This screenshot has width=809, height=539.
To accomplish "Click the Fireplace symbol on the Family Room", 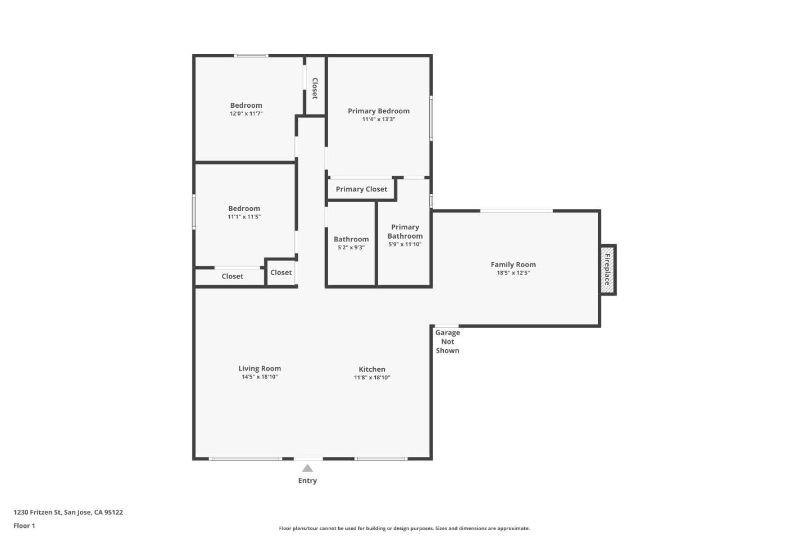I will [607, 269].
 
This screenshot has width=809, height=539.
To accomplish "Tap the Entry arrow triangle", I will [307, 468].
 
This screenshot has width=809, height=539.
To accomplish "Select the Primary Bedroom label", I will [379, 111].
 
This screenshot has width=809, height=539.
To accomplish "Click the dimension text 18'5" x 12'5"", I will [513, 273].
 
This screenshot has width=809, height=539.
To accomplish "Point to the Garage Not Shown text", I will [447, 341].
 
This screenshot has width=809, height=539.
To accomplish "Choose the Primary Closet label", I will [361, 189].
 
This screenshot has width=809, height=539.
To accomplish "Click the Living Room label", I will [260, 369].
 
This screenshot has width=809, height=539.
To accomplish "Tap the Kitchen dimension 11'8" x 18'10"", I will [372, 378].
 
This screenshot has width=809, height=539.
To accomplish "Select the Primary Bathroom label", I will [405, 231].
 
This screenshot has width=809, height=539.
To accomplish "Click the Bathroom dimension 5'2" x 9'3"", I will [351, 248].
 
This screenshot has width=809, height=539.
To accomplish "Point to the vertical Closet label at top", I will [315, 88].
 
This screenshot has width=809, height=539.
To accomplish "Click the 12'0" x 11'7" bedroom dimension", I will [246, 114].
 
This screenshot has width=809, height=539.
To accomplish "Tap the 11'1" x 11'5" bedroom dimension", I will [244, 217].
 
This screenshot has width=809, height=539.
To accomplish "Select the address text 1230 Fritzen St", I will [68, 512].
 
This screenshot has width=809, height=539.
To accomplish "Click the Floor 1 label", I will [24, 526].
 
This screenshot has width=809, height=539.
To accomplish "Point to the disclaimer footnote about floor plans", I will [404, 528].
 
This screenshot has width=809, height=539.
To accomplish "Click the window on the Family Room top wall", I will [516, 211].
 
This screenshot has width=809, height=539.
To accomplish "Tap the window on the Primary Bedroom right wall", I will [431, 118].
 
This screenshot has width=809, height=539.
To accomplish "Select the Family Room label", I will [513, 264].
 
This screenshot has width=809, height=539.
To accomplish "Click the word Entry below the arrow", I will [307, 481].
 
